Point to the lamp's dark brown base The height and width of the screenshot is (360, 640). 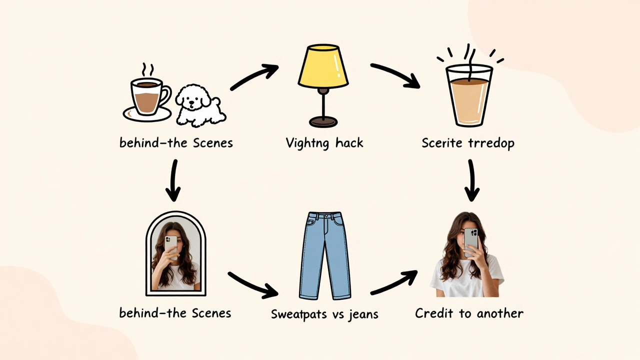[x=323, y=121]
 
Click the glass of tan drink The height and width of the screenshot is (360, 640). [x=468, y=97]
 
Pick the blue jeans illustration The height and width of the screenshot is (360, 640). [x=324, y=255]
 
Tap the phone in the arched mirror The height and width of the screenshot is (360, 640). [x=170, y=245]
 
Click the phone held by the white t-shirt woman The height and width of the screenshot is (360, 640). [x=470, y=241]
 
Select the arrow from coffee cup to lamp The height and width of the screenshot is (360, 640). [x=254, y=77]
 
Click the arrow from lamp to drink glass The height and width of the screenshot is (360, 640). [x=395, y=75]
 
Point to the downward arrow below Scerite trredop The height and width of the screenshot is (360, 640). [x=471, y=179]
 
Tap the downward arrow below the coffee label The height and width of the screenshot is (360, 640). [x=173, y=179]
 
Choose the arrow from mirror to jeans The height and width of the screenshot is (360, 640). [x=252, y=283]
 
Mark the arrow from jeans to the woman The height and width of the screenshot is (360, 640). [x=394, y=282]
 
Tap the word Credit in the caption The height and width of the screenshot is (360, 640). [x=433, y=313]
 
